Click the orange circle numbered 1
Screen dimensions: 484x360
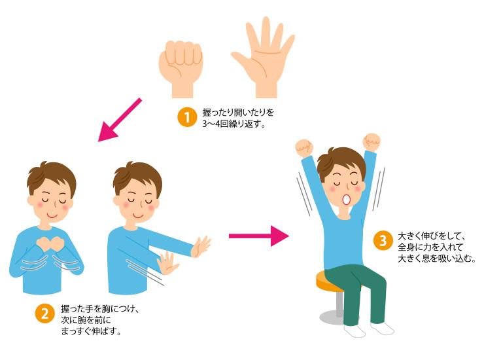pyautogui.click(x=187, y=117)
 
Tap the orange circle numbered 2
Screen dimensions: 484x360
pyautogui.click(x=45, y=314)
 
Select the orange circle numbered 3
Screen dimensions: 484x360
pyautogui.click(x=383, y=240)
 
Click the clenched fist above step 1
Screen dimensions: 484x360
pyautogui.click(x=181, y=69)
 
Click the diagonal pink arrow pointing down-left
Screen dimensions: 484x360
pyautogui.click(x=120, y=120)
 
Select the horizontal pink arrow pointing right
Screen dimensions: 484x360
pyautogui.click(x=258, y=236)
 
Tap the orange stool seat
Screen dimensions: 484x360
pyautogui.click(x=326, y=282)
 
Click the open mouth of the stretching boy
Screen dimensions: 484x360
pyautogui.click(x=347, y=200)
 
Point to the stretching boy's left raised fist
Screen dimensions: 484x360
pyautogui.click(x=303, y=148)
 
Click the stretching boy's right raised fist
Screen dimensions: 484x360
pyautogui.click(x=372, y=142)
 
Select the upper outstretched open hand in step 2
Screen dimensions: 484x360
pyautogui.click(x=201, y=247)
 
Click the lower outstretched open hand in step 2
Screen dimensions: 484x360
pyautogui.click(x=167, y=263)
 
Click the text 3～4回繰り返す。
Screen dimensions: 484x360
pyautogui.click(x=234, y=124)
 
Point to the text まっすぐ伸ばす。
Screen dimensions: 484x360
pyautogui.click(x=91, y=331)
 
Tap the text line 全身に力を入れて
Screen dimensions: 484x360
pyautogui.click(x=430, y=247)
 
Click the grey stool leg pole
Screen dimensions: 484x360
pyautogui.click(x=339, y=304)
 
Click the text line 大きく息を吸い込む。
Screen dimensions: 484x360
pyautogui.click(x=437, y=259)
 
